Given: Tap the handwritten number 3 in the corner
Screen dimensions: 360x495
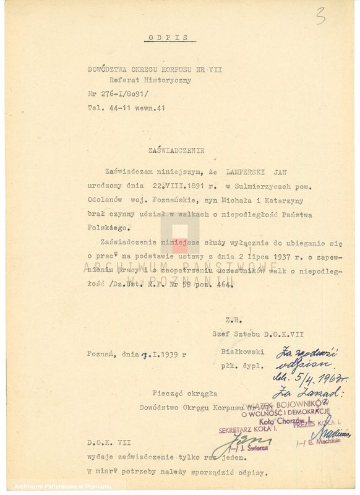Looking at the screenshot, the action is tap(320, 17).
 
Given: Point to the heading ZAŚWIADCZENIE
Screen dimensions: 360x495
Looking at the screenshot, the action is tap(176, 150).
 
